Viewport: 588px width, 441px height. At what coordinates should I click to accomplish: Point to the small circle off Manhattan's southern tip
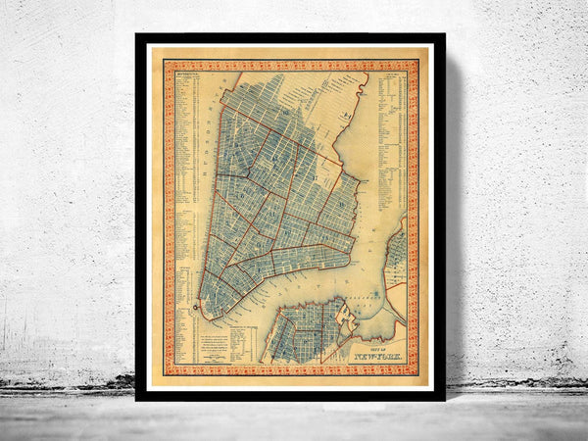pyautogui.click(x=195, y=309)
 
